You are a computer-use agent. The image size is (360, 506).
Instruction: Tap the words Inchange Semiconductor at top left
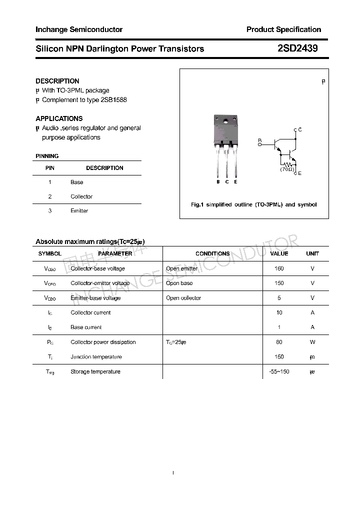[79, 29]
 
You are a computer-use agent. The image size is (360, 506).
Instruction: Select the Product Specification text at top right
[283, 29]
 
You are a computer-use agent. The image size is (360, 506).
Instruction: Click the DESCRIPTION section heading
[57, 81]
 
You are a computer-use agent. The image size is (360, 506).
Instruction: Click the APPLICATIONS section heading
[59, 118]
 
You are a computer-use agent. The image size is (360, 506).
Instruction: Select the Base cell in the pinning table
[77, 182]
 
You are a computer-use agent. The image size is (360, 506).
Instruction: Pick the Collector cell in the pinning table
[81, 196]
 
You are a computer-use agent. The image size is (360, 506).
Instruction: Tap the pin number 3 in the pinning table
[50, 210]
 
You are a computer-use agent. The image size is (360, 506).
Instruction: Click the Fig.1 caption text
[254, 204]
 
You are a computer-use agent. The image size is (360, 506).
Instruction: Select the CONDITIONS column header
[212, 253]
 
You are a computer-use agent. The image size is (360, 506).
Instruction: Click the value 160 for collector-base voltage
[279, 268]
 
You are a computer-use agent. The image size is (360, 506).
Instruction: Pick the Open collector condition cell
[183, 298]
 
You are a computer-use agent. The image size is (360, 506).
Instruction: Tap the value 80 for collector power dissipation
[279, 342]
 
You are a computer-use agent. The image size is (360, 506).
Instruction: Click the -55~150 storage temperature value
[279, 371]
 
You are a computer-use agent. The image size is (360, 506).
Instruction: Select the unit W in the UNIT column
[312, 342]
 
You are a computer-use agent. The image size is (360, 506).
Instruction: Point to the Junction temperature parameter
[96, 357]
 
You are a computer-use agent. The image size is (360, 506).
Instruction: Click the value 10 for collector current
[279, 312]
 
